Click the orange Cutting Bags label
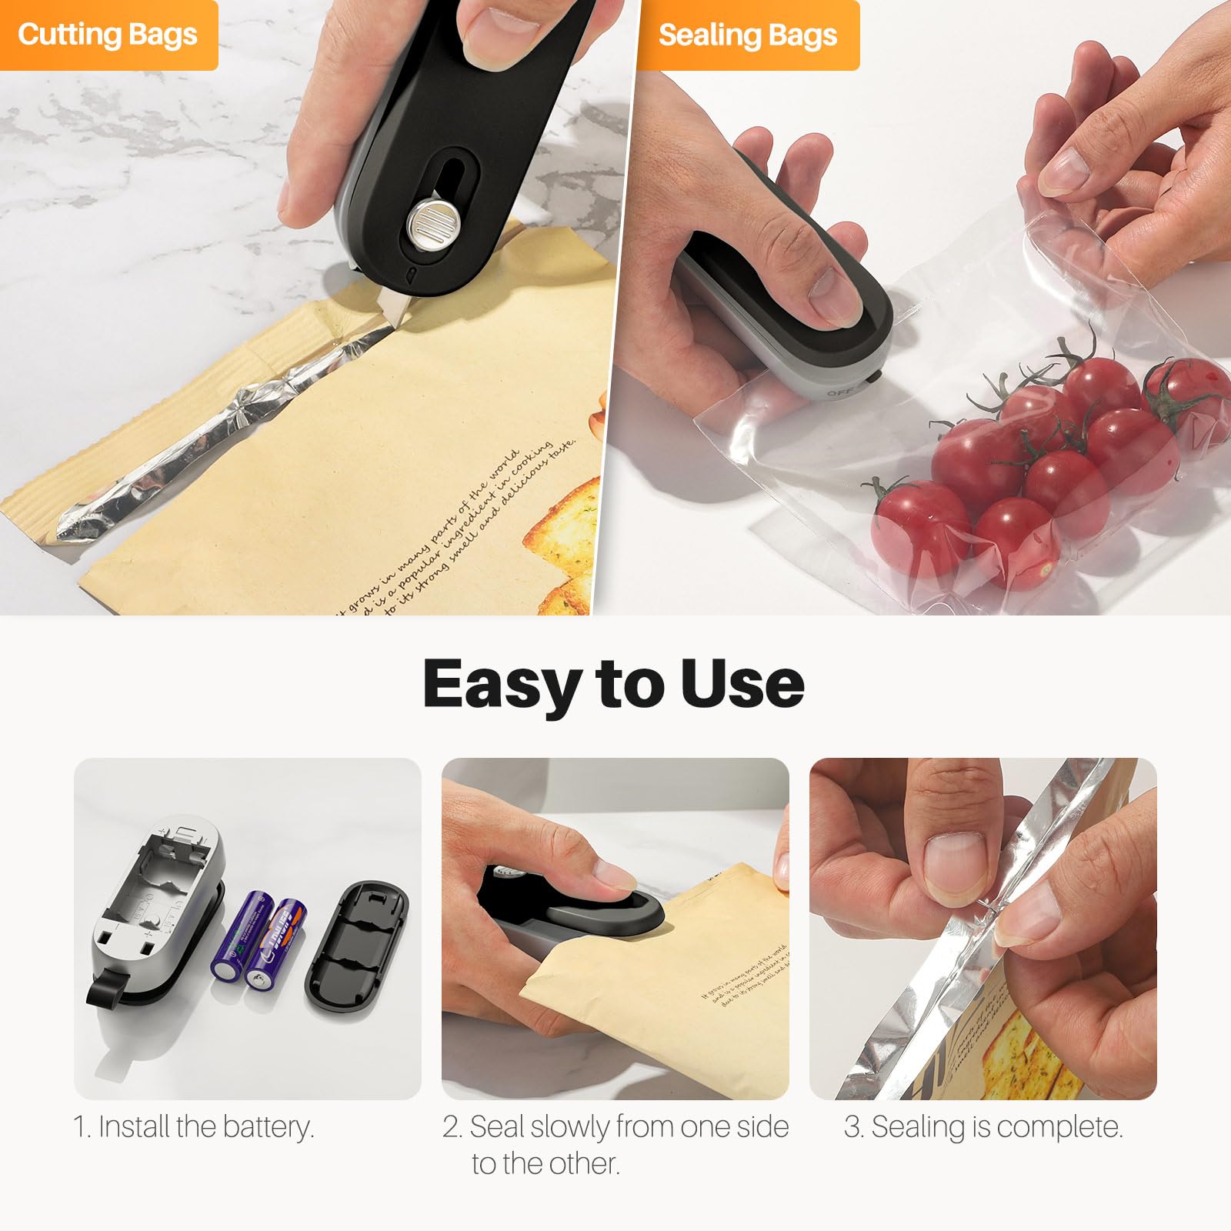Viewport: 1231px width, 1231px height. click(x=108, y=35)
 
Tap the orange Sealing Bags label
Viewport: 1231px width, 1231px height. click(x=747, y=35)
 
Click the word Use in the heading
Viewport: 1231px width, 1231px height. click(x=742, y=683)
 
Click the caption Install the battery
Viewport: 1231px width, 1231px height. click(x=194, y=1127)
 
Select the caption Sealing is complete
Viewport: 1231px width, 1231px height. click(x=983, y=1127)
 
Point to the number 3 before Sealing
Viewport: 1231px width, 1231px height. click(x=852, y=1128)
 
